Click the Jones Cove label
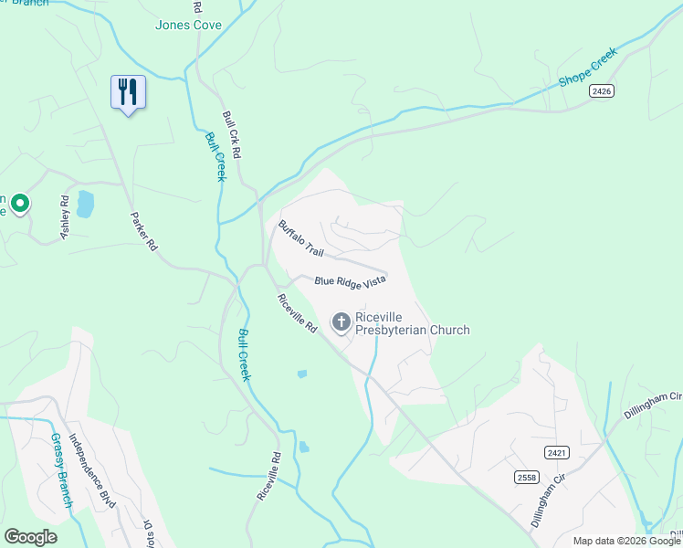point(188,25)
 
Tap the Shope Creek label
point(589,67)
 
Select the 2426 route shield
point(601,90)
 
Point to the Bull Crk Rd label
point(231,135)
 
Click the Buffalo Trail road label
point(301,237)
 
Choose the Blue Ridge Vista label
point(351,282)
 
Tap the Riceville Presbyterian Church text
point(412,323)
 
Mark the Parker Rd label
point(144,232)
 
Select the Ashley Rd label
point(64,217)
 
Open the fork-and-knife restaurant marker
point(127,91)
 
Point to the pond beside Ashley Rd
point(85,204)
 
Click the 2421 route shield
point(555,452)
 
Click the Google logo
point(30,537)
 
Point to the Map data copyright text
point(626,541)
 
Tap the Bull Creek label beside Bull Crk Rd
point(215,156)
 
